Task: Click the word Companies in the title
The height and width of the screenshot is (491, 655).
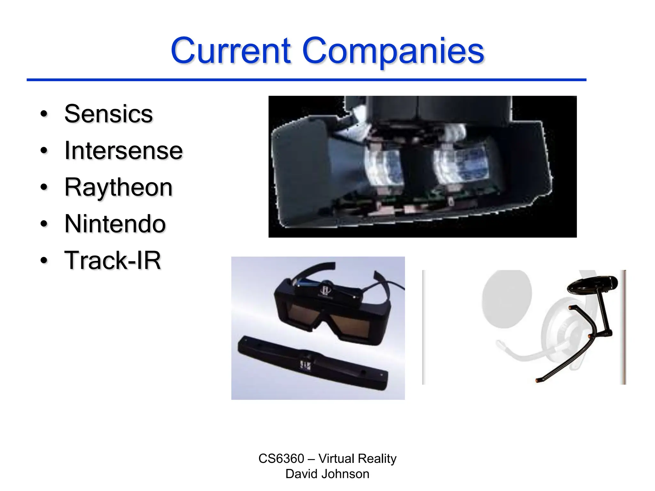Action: coord(393,51)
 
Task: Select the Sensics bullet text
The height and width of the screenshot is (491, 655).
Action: coord(108,114)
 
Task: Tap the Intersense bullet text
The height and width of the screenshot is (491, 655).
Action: coord(123,151)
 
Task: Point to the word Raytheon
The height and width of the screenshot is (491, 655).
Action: coord(118,187)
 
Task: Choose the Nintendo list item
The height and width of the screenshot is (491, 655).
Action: coord(115,224)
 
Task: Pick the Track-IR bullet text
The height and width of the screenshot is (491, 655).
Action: coord(113,261)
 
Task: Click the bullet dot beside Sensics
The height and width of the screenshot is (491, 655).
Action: coord(44,114)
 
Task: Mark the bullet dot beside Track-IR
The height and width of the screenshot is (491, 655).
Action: coord(44,261)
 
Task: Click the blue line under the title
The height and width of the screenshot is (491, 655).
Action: coord(306,80)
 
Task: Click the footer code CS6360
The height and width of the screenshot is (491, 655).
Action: coord(281,459)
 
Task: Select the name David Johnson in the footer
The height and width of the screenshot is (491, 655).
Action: coord(327,474)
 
